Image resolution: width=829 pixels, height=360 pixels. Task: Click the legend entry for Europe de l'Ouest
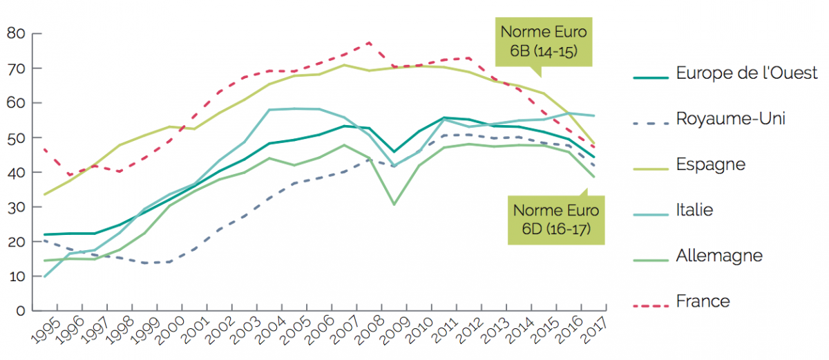click(x=746, y=73)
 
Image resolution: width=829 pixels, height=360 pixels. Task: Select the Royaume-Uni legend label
click(x=731, y=119)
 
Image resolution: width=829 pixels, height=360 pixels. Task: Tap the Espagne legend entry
click(x=711, y=164)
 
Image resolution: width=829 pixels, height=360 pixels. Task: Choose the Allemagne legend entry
click(x=719, y=256)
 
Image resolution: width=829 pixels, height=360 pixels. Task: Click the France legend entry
click(x=703, y=301)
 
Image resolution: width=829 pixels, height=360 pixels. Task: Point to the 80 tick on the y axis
click(x=16, y=34)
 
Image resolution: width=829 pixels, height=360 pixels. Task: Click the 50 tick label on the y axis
click(x=16, y=138)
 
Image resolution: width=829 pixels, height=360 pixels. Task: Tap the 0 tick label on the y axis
click(x=20, y=311)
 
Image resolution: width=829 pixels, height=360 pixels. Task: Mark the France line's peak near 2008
click(x=370, y=42)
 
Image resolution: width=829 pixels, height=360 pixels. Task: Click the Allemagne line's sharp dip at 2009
click(x=394, y=205)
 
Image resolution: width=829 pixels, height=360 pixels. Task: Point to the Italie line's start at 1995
click(x=44, y=276)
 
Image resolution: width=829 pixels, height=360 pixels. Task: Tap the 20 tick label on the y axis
click(x=16, y=242)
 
